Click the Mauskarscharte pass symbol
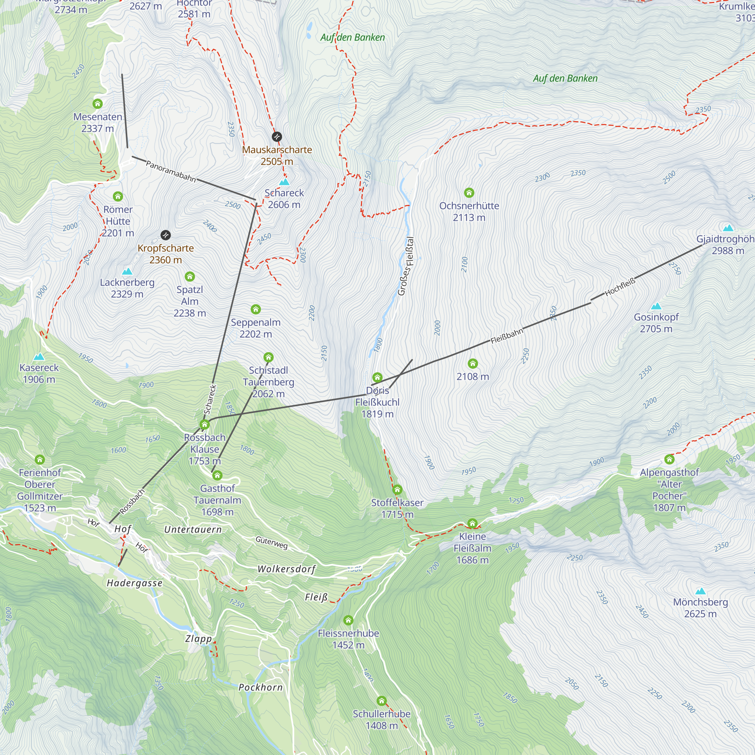277,137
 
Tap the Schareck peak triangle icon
284,182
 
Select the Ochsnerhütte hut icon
469,193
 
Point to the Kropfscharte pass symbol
166,235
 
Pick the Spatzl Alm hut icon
190,277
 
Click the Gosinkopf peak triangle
656,306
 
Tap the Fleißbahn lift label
507,336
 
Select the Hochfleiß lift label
620,287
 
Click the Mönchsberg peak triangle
700,591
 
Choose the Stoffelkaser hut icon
398,490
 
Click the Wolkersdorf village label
287,569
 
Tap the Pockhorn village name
260,687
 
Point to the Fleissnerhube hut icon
348,620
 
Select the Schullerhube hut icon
382,701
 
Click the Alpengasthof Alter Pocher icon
669,459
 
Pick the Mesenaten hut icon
98,103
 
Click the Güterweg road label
271,542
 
